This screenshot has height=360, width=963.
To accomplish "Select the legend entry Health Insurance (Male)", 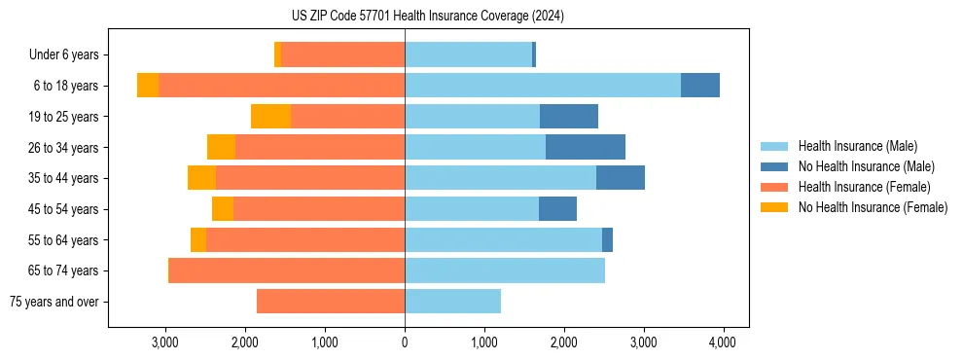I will (x=857, y=146).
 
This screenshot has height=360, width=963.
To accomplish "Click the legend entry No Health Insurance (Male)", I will (x=866, y=166).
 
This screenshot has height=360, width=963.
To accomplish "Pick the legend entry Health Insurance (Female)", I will (x=864, y=187).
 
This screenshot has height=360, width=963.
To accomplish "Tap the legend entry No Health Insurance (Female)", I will (x=872, y=207).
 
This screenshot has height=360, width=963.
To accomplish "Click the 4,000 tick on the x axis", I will (x=722, y=342).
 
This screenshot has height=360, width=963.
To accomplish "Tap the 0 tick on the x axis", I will (x=405, y=342).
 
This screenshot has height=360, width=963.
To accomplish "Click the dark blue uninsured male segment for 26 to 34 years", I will (x=585, y=147).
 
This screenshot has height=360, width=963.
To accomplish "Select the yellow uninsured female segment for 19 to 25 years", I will (x=270, y=117).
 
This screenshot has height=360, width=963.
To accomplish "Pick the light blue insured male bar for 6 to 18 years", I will (x=542, y=86).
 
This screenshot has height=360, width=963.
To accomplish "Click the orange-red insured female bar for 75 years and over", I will (x=331, y=302).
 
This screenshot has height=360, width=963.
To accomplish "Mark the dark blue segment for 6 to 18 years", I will (x=699, y=86).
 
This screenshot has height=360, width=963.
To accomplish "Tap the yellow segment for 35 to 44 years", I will (x=201, y=178).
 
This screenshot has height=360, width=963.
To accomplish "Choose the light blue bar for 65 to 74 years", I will (x=504, y=270).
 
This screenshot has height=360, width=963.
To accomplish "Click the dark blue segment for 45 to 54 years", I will (x=557, y=209).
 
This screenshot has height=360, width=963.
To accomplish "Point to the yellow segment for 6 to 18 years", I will (x=148, y=86).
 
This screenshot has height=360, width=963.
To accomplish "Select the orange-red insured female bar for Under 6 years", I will (x=342, y=55).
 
